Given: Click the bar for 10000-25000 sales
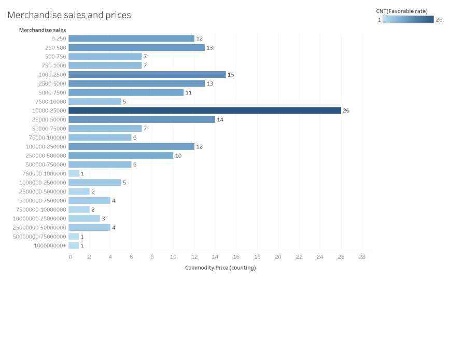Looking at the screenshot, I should point(204,110).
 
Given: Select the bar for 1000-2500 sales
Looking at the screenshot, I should point(147,75).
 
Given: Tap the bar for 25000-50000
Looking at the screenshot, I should point(142,119).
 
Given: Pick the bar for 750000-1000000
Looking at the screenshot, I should point(74,173).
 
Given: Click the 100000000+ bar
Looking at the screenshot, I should point(74,245).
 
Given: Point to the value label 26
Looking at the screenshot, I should point(346,110).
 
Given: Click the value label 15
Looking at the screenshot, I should point(231,75).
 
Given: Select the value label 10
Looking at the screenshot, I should point(178,156).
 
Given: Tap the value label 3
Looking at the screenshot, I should point(103,218).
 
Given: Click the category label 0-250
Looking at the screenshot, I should point(59,38).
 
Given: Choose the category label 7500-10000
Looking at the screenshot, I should point(51,102).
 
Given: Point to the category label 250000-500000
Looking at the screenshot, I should point(46,156).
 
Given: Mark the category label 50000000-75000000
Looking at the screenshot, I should point(39,237).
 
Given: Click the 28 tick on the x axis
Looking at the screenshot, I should point(362,257).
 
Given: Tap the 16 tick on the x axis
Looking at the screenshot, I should point(236,257).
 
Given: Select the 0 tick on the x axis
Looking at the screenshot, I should point(71,257).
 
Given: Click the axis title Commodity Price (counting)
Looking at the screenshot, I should point(220,268).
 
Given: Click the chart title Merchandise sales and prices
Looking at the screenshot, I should point(69,15).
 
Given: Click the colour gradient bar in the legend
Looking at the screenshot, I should point(408,20).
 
